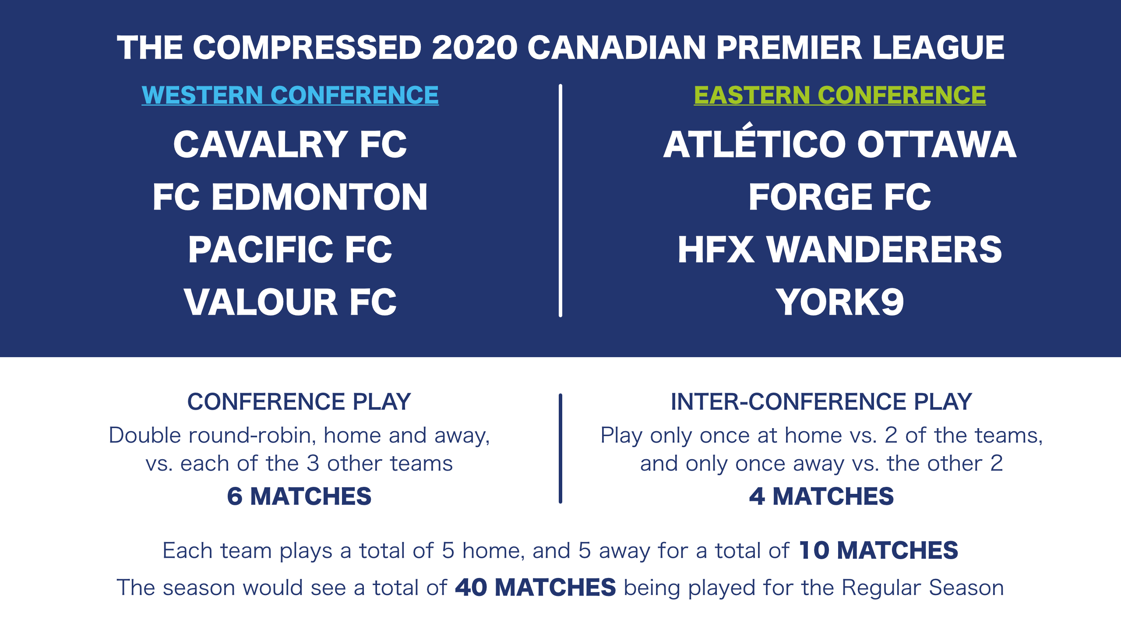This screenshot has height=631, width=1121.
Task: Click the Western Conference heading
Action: pyautogui.click(x=290, y=95)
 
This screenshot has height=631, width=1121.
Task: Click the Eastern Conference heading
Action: pyautogui.click(x=840, y=95)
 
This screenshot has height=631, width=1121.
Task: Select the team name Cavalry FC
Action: pyautogui.click(x=290, y=145)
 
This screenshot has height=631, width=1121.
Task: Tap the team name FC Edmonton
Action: pyautogui.click(x=290, y=197)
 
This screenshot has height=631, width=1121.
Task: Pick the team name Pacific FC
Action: pyautogui.click(x=290, y=249)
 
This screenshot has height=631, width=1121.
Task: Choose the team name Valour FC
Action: pyautogui.click(x=290, y=302)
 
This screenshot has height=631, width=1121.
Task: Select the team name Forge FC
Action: pyautogui.click(x=840, y=197)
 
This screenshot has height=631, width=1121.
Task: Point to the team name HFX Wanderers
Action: pyautogui.click(x=840, y=249)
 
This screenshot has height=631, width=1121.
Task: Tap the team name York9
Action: pyautogui.click(x=840, y=302)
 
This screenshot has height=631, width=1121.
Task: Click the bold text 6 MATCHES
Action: pyautogui.click(x=299, y=496)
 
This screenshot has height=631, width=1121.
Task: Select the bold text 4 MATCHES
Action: pyautogui.click(x=821, y=496)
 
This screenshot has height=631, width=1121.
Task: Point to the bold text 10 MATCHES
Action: pyautogui.click(x=878, y=550)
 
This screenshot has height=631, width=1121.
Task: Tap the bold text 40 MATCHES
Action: pyautogui.click(x=536, y=588)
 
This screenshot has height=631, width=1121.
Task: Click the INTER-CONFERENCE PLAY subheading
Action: pyautogui.click(x=821, y=402)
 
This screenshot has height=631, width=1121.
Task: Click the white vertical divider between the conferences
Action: pyautogui.click(x=560, y=200)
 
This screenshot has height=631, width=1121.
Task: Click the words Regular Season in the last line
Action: pyautogui.click(x=923, y=588)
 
